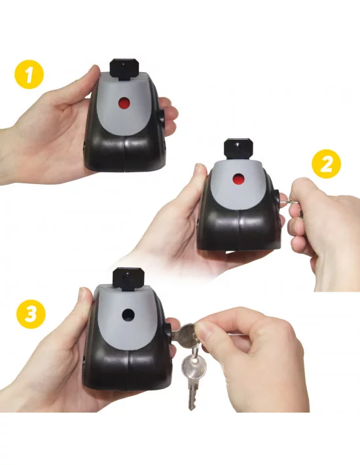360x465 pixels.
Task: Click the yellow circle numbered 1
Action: (x=29, y=74)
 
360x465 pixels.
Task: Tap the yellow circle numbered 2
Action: (x=326, y=164)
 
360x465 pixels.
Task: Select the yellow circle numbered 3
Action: (x=31, y=314)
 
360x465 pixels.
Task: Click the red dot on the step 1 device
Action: (x=124, y=103)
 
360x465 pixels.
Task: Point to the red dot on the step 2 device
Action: (x=238, y=179)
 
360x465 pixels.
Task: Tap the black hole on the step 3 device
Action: (x=128, y=314)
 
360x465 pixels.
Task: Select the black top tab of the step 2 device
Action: (x=238, y=149)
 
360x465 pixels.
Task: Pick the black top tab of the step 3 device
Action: (x=128, y=278)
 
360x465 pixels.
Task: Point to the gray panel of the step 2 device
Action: (x=238, y=181)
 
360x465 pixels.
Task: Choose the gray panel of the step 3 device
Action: (x=128, y=318)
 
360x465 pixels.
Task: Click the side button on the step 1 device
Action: (x=162, y=117)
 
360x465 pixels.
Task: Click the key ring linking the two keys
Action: (x=196, y=354)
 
